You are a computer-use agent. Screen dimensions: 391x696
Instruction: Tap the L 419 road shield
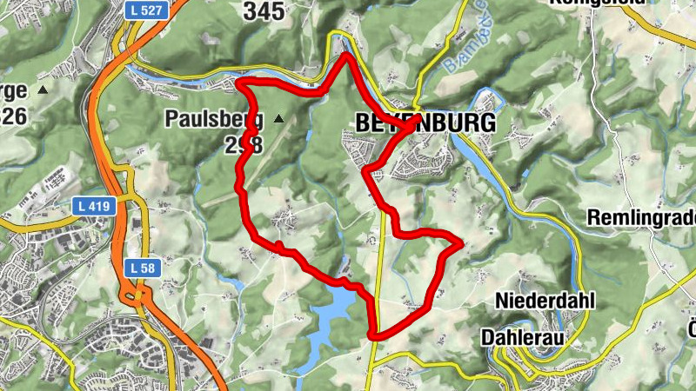[x=87, y=208]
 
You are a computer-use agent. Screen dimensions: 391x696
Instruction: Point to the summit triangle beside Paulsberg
[x=278, y=117]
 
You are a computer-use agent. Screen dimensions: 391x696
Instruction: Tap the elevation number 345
[x=263, y=11]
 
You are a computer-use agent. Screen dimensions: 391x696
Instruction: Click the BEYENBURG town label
[x=425, y=123]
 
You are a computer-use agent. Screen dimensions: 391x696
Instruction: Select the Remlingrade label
[x=641, y=218]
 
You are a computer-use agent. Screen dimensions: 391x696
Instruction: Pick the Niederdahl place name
[x=545, y=302]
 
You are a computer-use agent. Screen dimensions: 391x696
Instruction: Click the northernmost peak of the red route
[x=347, y=56]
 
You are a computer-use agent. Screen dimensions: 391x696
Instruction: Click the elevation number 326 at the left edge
[x=13, y=116]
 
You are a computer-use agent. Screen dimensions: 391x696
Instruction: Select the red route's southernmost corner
[x=373, y=335]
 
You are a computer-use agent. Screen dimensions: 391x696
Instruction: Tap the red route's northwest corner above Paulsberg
[x=241, y=83]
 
